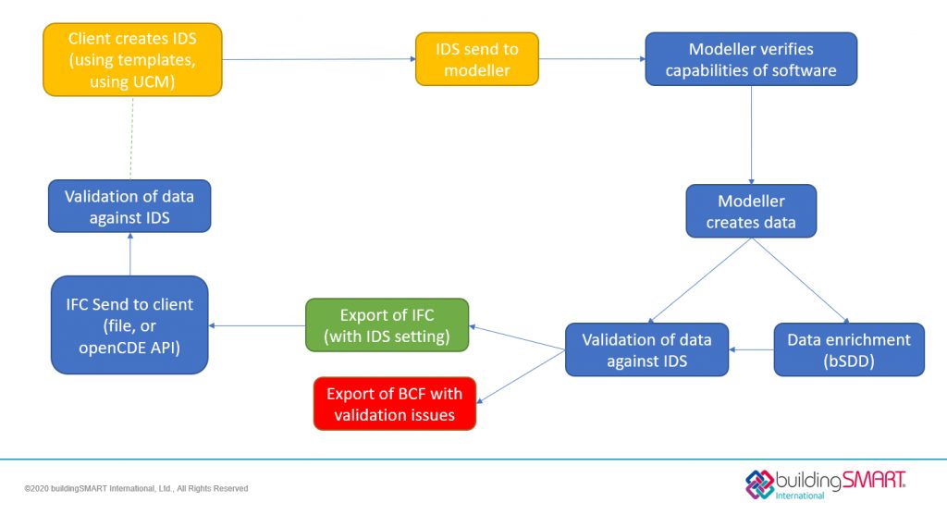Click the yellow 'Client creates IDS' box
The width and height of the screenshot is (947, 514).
tap(132, 59)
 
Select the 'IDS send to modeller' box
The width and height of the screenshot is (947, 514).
tap(476, 59)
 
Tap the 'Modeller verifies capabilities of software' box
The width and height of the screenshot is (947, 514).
tap(750, 59)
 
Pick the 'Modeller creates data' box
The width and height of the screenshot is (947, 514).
tap(750, 212)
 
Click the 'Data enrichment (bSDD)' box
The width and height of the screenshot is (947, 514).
tap(848, 349)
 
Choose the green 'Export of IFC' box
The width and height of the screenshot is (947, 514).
tap(387, 324)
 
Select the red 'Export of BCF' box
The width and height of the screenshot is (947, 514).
tap(394, 404)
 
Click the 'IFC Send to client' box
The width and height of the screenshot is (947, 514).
tap(129, 324)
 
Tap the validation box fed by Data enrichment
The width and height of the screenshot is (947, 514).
tap(646, 349)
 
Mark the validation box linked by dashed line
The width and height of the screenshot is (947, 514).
tap(129, 205)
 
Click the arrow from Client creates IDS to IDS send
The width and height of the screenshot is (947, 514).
tap(318, 59)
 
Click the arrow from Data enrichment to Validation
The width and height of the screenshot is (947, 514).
tap(751, 350)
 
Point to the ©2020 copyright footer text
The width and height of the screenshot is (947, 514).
tap(136, 488)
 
